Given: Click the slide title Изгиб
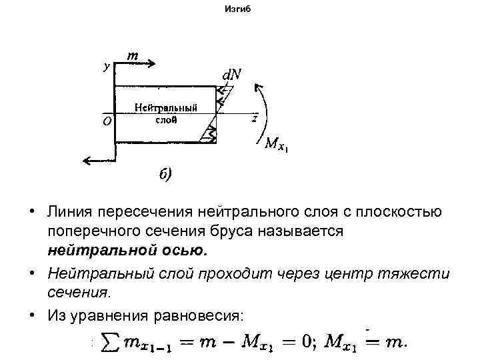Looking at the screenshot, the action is click(x=239, y=10).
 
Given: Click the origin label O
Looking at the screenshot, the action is click(x=107, y=121).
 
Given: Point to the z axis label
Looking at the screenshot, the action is click(x=254, y=119).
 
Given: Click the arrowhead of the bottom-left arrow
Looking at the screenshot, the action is click(x=85, y=160).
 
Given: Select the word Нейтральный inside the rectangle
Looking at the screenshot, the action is click(x=165, y=108).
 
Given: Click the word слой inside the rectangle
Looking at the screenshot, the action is click(x=166, y=120).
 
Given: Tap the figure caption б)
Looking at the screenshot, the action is click(x=165, y=175).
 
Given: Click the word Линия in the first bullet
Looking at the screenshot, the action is click(x=70, y=212).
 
